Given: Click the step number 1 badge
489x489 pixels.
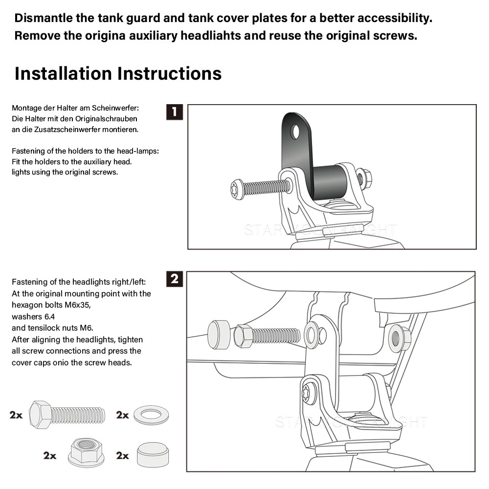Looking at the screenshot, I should [x=175, y=112].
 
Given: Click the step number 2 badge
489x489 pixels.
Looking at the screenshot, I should [x=175, y=279].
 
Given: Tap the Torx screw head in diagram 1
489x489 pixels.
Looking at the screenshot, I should [x=237, y=190].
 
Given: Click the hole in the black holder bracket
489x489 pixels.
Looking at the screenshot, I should [x=295, y=131].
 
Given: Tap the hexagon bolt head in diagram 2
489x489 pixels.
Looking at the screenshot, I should [x=243, y=335].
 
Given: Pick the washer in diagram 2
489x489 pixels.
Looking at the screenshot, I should [x=312, y=335].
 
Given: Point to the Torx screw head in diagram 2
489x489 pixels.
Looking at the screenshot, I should [x=308, y=393].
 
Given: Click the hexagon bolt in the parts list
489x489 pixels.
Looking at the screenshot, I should [x=67, y=415].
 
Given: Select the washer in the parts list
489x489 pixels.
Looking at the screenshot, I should [x=151, y=415].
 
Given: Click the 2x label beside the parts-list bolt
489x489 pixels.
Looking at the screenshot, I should [x=16, y=415].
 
